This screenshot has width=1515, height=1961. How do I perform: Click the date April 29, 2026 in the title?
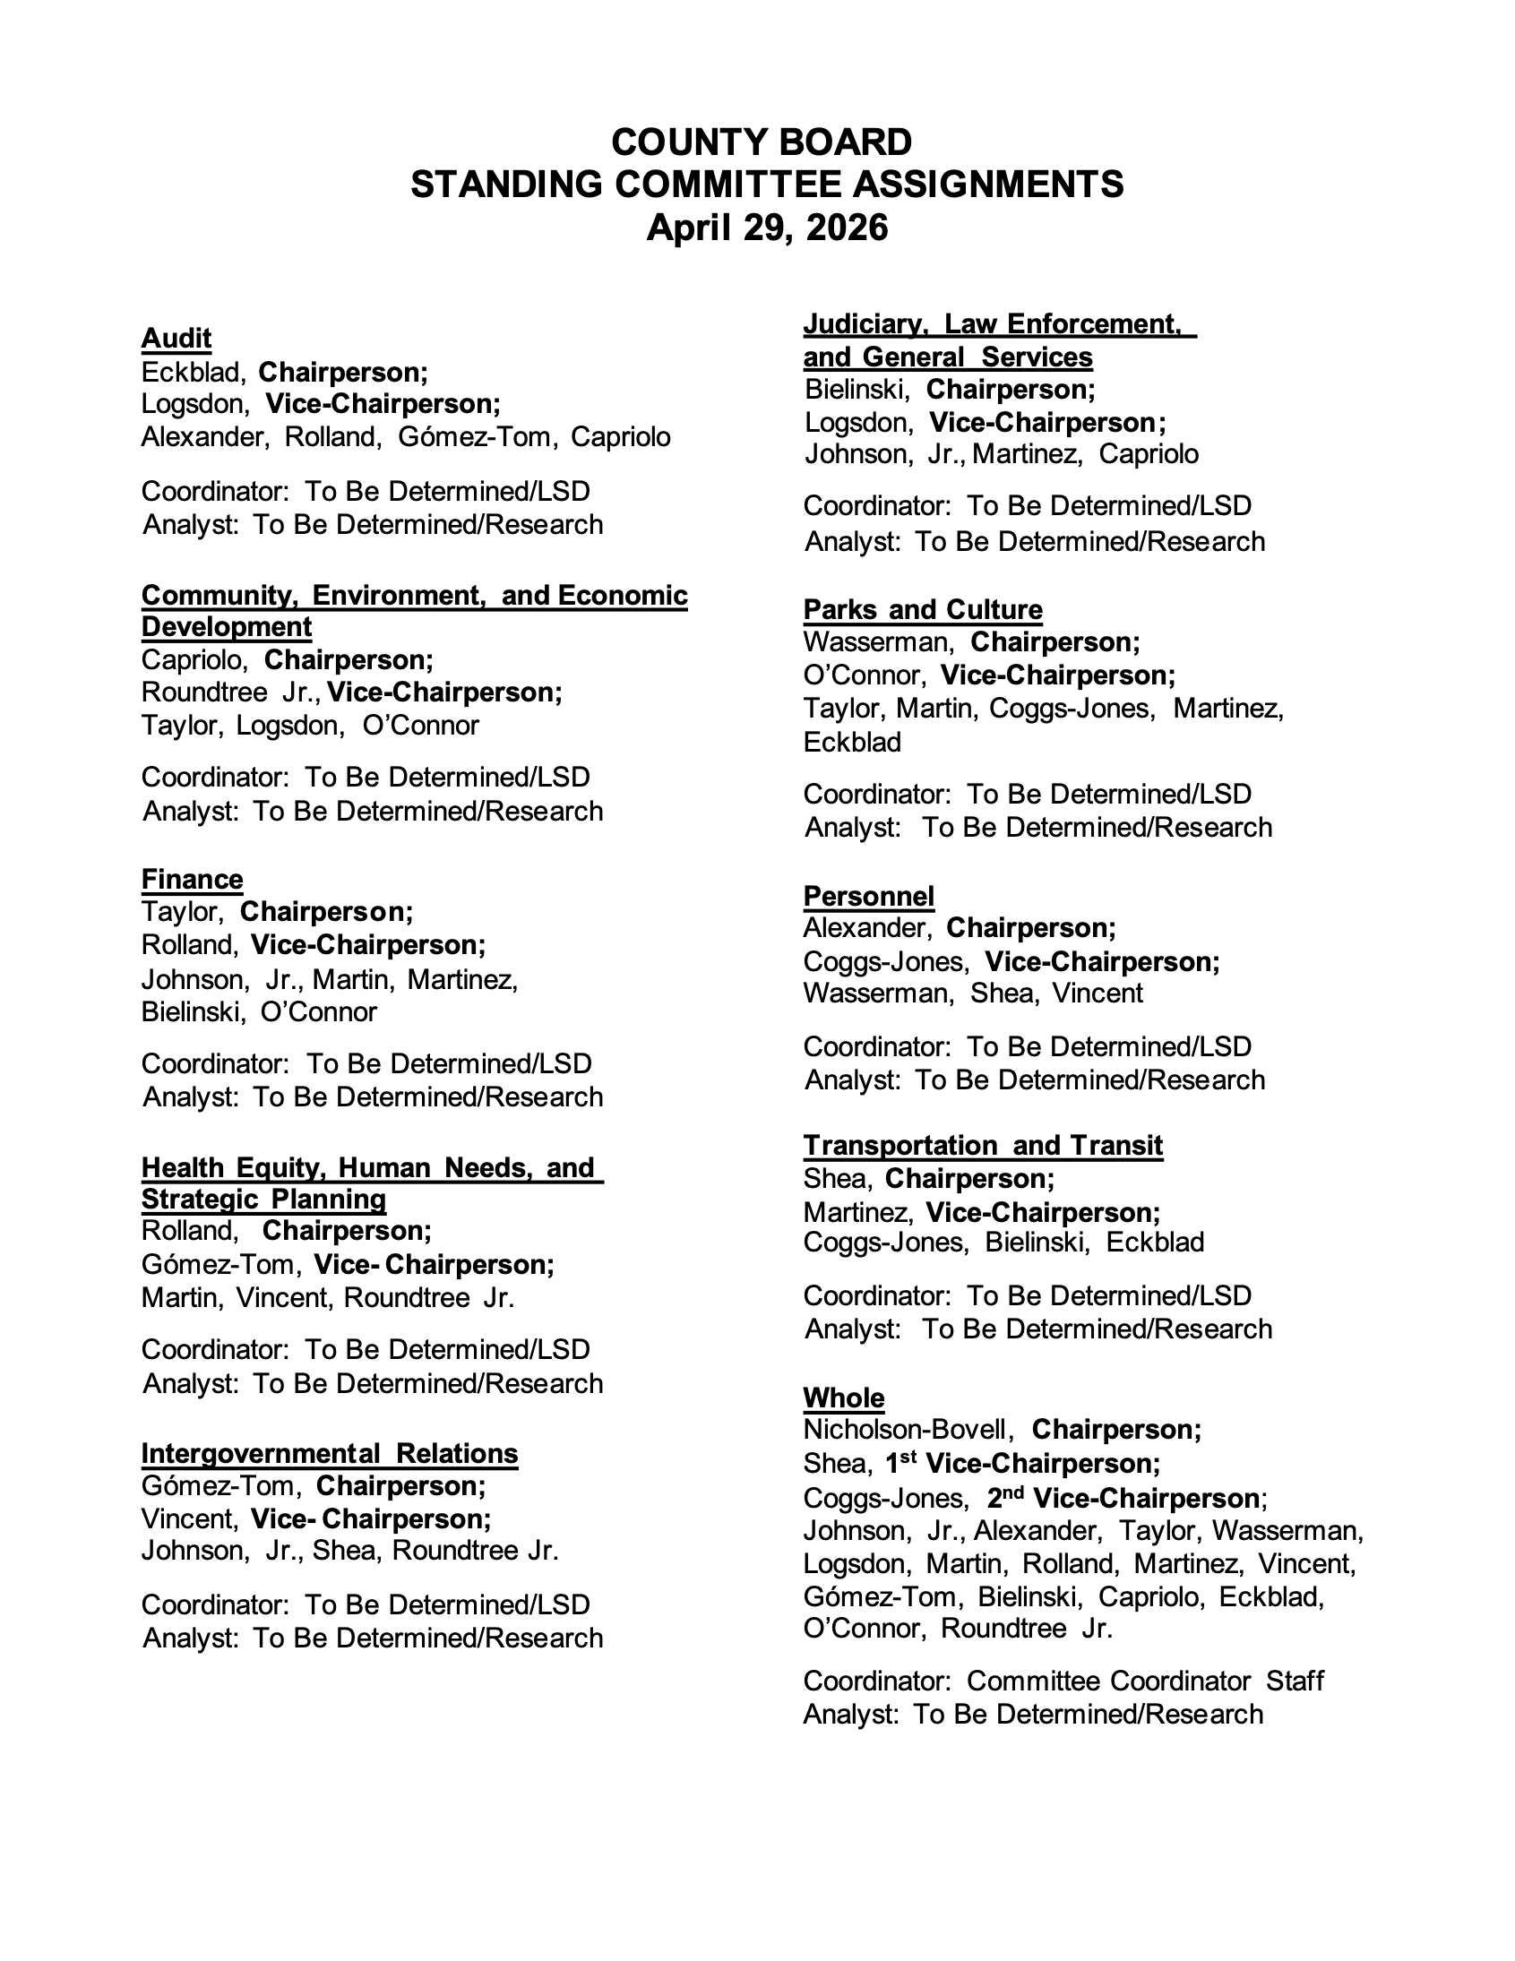pyautogui.click(x=766, y=228)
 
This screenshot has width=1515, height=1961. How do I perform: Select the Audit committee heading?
pyautogui.click(x=176, y=339)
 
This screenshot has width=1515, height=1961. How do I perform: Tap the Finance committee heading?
pyautogui.click(x=193, y=879)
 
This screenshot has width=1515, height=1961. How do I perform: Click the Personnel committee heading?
pyautogui.click(x=868, y=896)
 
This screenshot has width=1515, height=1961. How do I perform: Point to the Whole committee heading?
pyautogui.click(x=843, y=1398)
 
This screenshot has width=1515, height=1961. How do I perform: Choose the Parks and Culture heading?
pyautogui.click(x=922, y=610)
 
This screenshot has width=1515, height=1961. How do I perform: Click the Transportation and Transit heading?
pyautogui.click(x=983, y=1146)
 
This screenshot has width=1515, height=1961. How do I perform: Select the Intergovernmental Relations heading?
pyautogui.click(x=330, y=1454)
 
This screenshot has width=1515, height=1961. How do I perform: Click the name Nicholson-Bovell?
pyautogui.click(x=908, y=1430)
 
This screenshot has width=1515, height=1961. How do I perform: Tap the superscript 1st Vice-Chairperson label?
pyautogui.click(x=1023, y=1464)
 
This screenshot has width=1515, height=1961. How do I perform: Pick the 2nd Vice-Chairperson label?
pyautogui.click(x=1123, y=1498)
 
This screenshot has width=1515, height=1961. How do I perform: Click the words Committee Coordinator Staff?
pyautogui.click(x=1145, y=1681)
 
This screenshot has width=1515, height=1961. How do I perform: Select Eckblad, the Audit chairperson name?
pyautogui.click(x=193, y=372)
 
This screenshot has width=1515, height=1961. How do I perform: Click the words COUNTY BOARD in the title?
pyautogui.click(x=761, y=142)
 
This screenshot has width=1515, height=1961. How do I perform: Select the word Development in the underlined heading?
pyautogui.click(x=227, y=627)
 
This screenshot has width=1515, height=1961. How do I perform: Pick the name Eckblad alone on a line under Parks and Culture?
pyautogui.click(x=851, y=743)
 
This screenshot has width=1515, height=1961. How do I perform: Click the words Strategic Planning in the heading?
pyautogui.click(x=263, y=1200)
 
